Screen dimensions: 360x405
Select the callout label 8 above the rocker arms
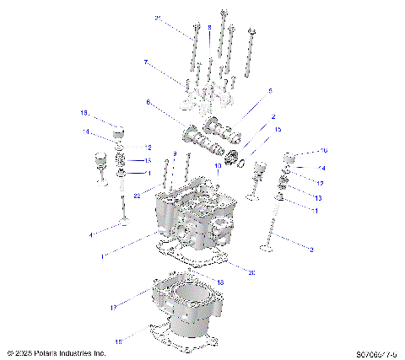click(x=209, y=28)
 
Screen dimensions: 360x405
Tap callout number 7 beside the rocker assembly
click(x=145, y=62)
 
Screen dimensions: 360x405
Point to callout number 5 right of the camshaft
click(x=270, y=90)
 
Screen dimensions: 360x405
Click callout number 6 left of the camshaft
click(x=148, y=102)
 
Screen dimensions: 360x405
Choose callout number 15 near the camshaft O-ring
click(x=278, y=129)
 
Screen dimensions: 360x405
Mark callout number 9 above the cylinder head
click(x=175, y=153)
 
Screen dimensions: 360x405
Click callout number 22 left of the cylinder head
click(x=136, y=195)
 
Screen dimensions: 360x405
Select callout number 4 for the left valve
click(x=91, y=234)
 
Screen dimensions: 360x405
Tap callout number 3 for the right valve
click(x=311, y=250)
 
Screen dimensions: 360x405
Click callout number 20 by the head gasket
click(x=251, y=271)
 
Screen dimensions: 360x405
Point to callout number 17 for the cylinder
click(x=113, y=308)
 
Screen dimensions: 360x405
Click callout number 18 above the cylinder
click(x=220, y=282)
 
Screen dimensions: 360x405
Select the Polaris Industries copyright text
click(x=56, y=353)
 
